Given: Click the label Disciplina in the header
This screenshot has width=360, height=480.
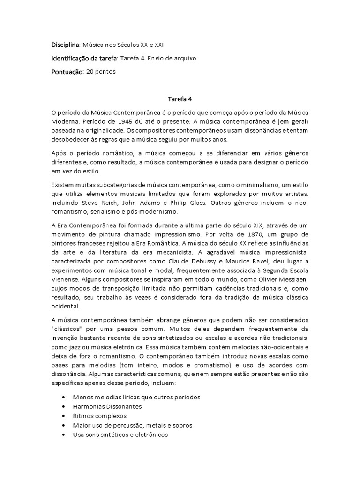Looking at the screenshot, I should pyautogui.click(x=65, y=45).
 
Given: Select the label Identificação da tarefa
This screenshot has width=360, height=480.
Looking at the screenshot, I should pyautogui.click(x=84, y=58).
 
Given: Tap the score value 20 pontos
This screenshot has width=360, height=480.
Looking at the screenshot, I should pyautogui.click(x=101, y=72).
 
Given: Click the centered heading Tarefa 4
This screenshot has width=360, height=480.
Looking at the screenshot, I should pyautogui.click(x=180, y=99).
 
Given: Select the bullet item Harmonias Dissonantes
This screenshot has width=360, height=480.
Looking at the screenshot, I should pyautogui.click(x=107, y=406).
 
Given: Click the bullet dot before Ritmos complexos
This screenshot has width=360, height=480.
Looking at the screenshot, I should pyautogui.click(x=64, y=416).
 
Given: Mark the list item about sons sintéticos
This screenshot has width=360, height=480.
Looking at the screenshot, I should pyautogui.click(x=120, y=435).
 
